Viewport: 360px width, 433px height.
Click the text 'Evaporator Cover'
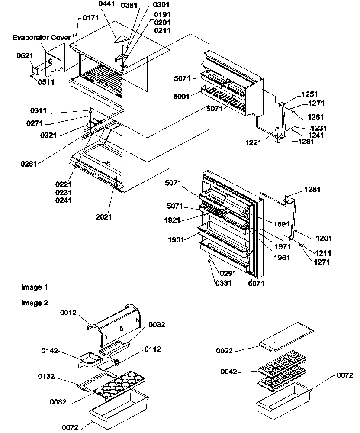pyautogui.click(x=41, y=38)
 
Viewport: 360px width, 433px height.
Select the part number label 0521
pyautogui.click(x=25, y=56)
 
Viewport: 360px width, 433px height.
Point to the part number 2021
pyautogui.click(x=104, y=216)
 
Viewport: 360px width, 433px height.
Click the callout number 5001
pyautogui.click(x=182, y=97)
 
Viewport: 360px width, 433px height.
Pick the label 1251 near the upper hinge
pyautogui.click(x=309, y=94)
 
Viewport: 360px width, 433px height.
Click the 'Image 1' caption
pyautogui.click(x=35, y=287)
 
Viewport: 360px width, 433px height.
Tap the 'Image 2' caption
pyautogui.click(x=35, y=303)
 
